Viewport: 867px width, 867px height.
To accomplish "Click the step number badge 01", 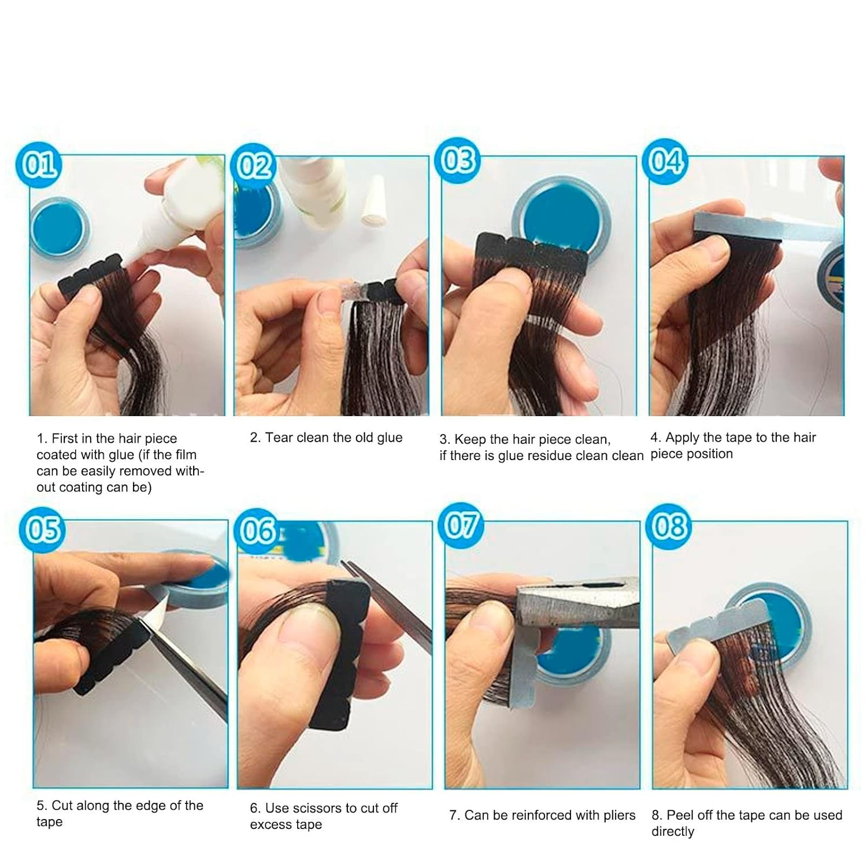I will pos(39,165).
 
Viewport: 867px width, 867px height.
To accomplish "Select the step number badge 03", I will pos(458,161).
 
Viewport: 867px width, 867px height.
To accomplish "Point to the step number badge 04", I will pos(666,161).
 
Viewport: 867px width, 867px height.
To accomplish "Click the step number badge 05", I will pos(43,528).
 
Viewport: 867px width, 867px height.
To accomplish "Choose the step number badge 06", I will pos(257,531).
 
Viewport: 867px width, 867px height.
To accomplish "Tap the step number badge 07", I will pos(461,525).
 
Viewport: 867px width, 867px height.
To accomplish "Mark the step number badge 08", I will pos(669,526).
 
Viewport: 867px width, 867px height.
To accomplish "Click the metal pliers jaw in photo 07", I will pos(572,604).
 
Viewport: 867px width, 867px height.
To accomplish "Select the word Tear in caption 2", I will pos(278,438).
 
